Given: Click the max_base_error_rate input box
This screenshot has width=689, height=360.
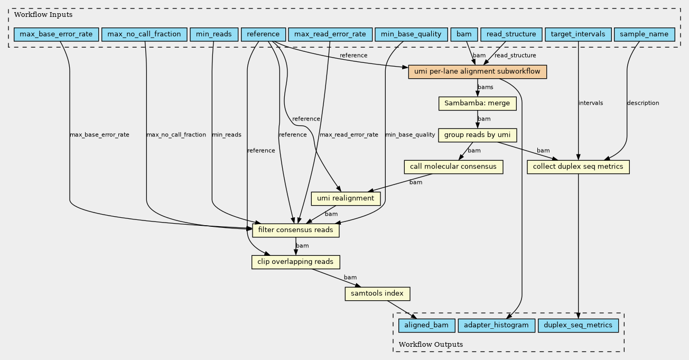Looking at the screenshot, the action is point(57,34).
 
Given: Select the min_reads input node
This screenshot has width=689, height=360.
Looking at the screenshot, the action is point(214,34).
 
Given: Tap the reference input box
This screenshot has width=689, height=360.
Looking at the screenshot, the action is point(263,34).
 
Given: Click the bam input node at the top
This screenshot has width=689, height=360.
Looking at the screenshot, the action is point(464,34).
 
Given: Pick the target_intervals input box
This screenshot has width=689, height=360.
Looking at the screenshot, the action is point(578,34).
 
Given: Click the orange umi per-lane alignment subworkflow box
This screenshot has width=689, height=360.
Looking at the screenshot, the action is point(477,72).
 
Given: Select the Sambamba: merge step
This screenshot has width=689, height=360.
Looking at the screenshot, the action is point(477,104).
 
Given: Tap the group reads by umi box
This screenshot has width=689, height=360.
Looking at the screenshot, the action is point(477,135).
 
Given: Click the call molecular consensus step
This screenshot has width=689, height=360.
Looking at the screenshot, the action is point(453,167).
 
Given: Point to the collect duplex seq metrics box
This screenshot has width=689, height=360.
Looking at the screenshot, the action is point(578,167).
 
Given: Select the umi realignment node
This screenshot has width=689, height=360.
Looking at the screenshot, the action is point(346,198).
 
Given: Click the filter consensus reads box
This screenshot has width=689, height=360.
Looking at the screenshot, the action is point(295,230).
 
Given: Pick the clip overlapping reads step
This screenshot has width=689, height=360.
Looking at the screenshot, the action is point(295,262).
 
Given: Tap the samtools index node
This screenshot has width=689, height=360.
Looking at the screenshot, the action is point(377,293).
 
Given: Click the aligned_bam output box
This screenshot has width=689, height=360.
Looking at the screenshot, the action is point(426,326).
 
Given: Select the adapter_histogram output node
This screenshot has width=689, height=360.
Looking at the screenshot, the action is point(497,326).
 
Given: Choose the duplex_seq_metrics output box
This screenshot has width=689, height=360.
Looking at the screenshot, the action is point(578,326).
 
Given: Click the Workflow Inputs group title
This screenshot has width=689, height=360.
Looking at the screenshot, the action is point(43,15).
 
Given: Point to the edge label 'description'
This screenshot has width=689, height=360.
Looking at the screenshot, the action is point(643,103).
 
